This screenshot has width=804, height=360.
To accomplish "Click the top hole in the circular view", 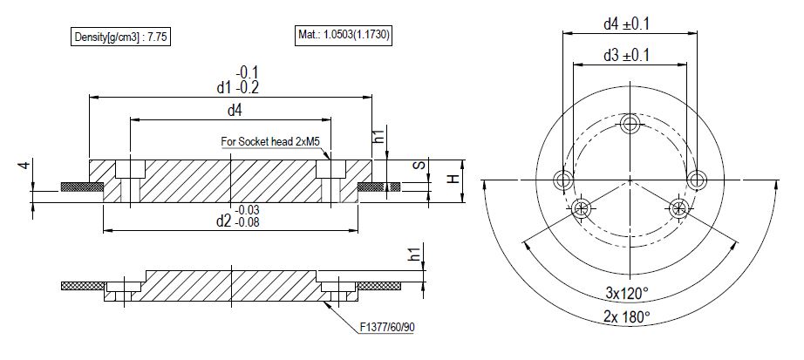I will pyautogui.click(x=630, y=126).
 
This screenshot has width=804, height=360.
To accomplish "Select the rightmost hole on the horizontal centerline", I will pyautogui.click(x=695, y=180).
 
